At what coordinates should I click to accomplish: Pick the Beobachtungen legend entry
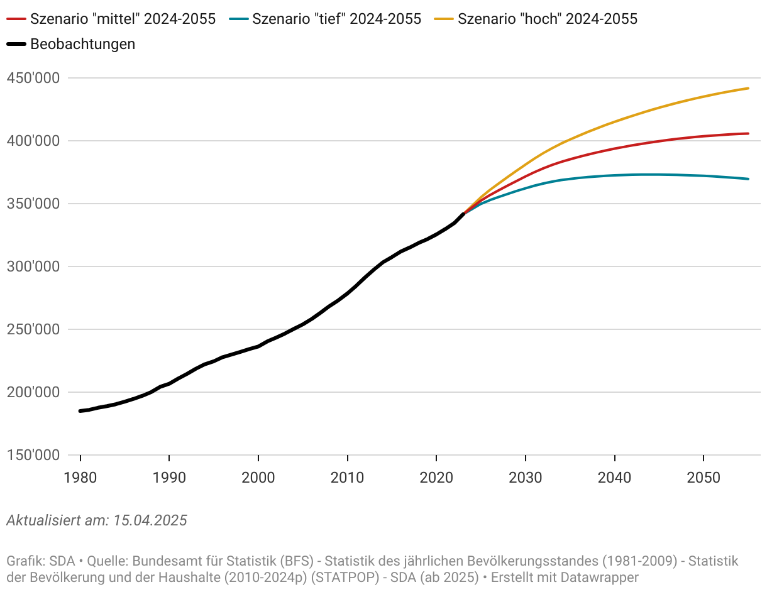pyautogui.click(x=82, y=44)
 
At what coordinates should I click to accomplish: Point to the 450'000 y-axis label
pyautogui.click(x=33, y=79)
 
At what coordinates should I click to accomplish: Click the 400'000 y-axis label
pyautogui.click(x=33, y=141)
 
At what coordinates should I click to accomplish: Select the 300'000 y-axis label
pyautogui.click(x=33, y=267)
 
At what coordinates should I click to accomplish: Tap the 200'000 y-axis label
pyautogui.click(x=33, y=393)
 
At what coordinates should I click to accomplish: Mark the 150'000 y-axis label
pyautogui.click(x=33, y=456)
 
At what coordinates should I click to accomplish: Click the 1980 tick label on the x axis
pyautogui.click(x=80, y=478)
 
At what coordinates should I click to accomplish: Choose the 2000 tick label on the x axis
pyautogui.click(x=258, y=478)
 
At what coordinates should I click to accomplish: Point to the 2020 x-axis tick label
pyautogui.click(x=436, y=478)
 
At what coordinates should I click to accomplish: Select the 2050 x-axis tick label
pyautogui.click(x=704, y=478)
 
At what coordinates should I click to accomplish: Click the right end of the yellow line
pyautogui.click(x=748, y=89)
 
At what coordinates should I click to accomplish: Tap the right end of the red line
pyautogui.click(x=748, y=133)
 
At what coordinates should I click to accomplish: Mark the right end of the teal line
pyautogui.click(x=748, y=179)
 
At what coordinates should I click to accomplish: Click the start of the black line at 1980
pyautogui.click(x=80, y=411)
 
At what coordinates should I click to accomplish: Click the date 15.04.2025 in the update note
pyautogui.click(x=150, y=520)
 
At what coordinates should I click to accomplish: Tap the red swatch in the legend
pyautogui.click(x=16, y=19)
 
